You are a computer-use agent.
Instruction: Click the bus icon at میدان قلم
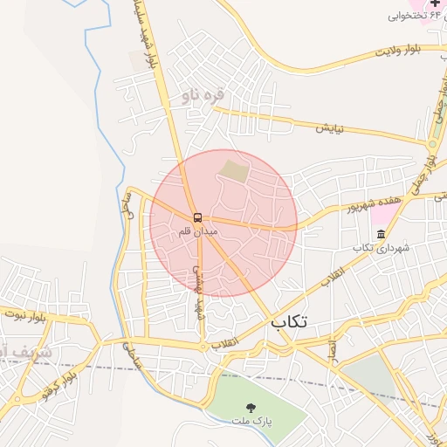tap(198, 217)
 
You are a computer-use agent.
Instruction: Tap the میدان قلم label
tap(197, 232)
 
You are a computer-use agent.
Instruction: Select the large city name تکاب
tap(289, 322)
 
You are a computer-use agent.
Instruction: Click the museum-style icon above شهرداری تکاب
tap(381, 234)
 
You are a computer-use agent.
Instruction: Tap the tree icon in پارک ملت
tap(251, 407)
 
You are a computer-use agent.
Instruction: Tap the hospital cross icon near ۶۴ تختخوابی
tap(436, 4)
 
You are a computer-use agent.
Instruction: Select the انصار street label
tap(332, 347)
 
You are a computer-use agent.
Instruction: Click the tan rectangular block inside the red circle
tap(233, 169)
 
